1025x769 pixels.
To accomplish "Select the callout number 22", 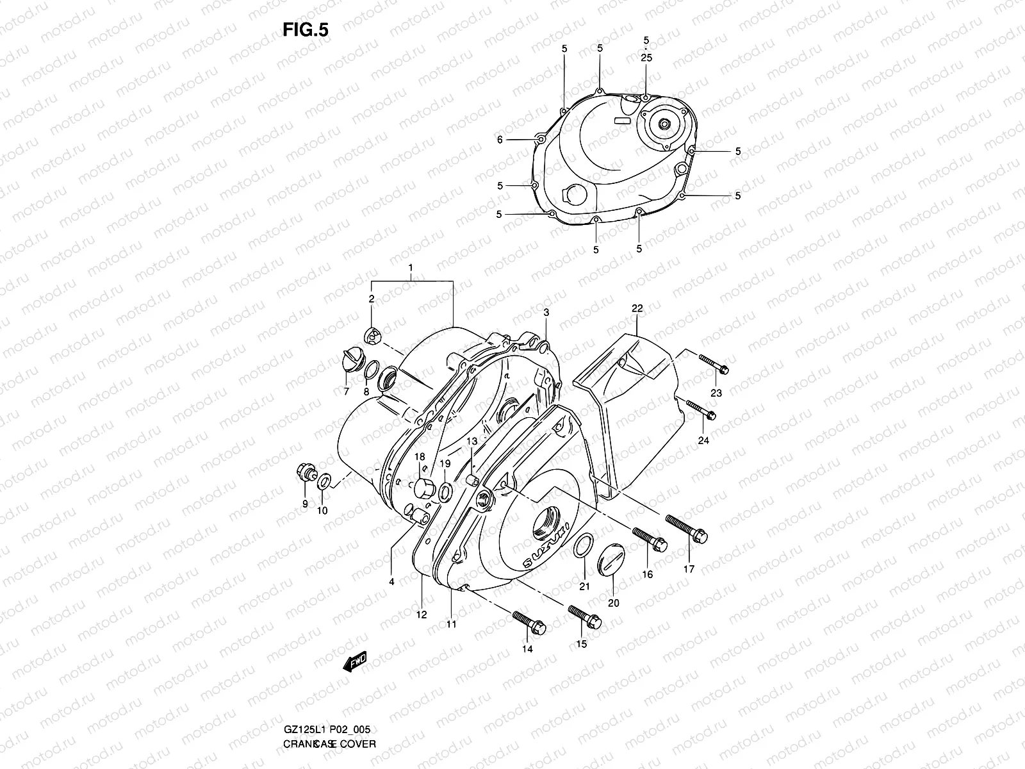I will pos(637,308).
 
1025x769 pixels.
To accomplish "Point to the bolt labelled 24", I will pos(700,409).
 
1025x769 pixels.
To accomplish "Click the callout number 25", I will pos(646,58).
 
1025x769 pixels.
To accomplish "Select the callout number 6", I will pos(500,140).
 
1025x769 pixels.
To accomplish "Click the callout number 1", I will pos(411,267).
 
